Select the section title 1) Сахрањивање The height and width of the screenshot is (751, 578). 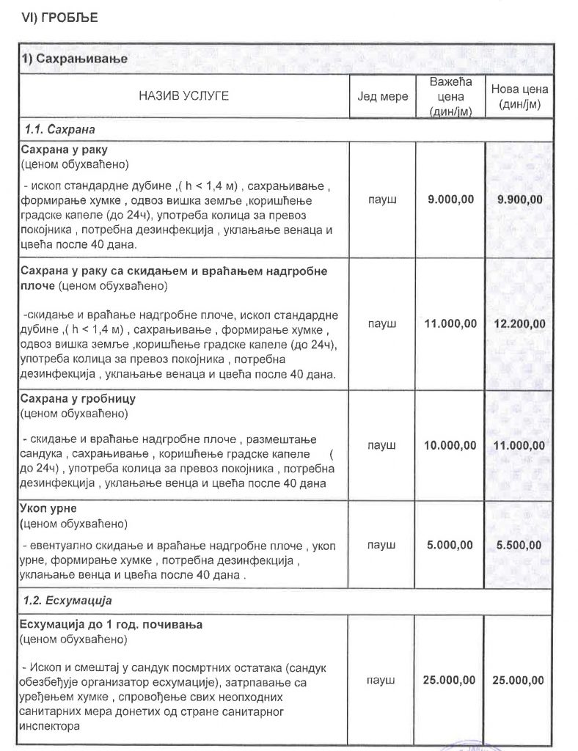[74, 59]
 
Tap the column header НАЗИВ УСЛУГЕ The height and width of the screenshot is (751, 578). [183, 96]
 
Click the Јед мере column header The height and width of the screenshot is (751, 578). [382, 96]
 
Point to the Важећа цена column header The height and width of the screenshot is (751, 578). [450, 96]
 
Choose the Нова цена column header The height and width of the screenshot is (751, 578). [519, 96]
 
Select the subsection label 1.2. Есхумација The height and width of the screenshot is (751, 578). [67, 601]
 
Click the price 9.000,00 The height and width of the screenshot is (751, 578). [450, 199]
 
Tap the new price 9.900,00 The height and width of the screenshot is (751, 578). [519, 199]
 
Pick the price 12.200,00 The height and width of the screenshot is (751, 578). [519, 323]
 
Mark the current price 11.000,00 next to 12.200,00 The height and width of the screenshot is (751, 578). [450, 323]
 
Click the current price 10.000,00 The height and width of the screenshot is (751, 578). [450, 445]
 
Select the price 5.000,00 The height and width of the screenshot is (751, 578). [450, 545]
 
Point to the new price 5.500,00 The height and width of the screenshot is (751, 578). [519, 545]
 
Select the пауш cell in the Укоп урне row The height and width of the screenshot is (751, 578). [382, 545]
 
